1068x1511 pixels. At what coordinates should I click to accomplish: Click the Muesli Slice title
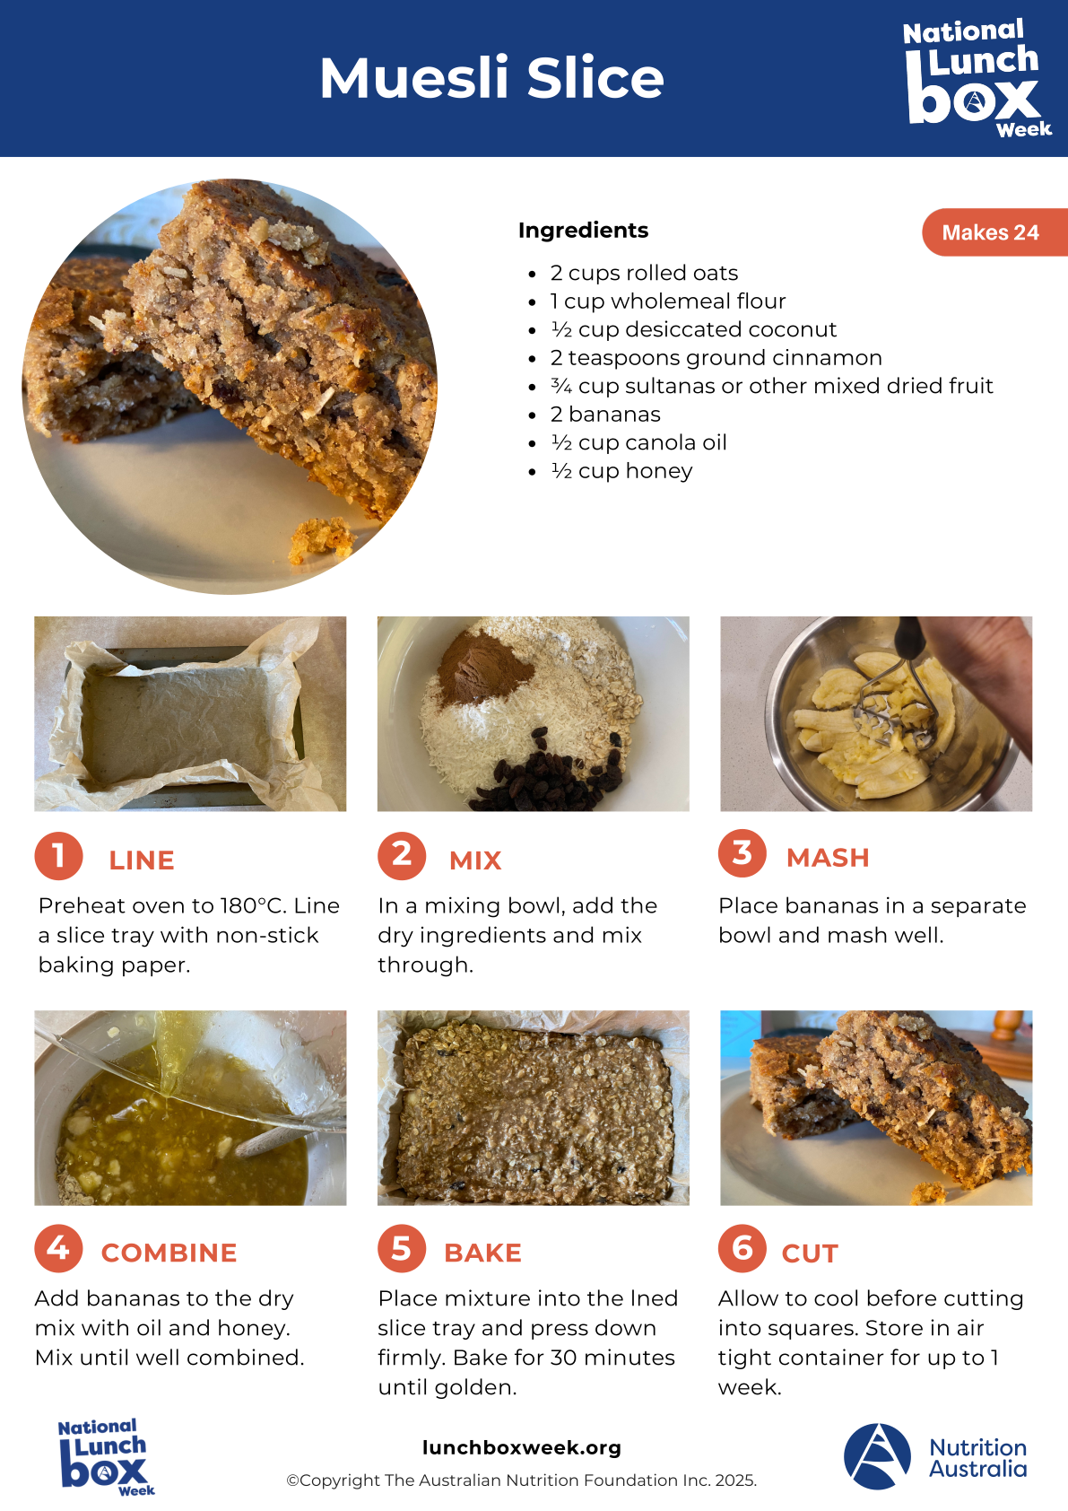491,77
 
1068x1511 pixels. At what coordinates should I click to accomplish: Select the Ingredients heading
583,231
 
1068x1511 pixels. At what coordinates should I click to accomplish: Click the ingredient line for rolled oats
644,273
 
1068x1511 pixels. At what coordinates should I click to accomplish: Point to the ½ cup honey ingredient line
621,471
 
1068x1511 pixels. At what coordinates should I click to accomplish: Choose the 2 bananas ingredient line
604,415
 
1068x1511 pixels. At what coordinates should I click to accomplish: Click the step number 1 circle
58,856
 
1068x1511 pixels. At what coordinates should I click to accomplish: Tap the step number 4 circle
58,1249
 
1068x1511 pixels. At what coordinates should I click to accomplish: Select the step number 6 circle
742,1249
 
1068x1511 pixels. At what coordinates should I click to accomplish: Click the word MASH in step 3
828,858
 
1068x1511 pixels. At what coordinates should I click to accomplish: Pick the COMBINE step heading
169,1253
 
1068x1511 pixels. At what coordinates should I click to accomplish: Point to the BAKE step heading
482,1253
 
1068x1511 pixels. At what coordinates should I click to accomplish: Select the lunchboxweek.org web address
522,1447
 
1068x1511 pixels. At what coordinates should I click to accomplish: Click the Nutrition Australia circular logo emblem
877,1456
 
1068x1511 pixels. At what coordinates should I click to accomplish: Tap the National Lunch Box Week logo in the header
975,78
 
